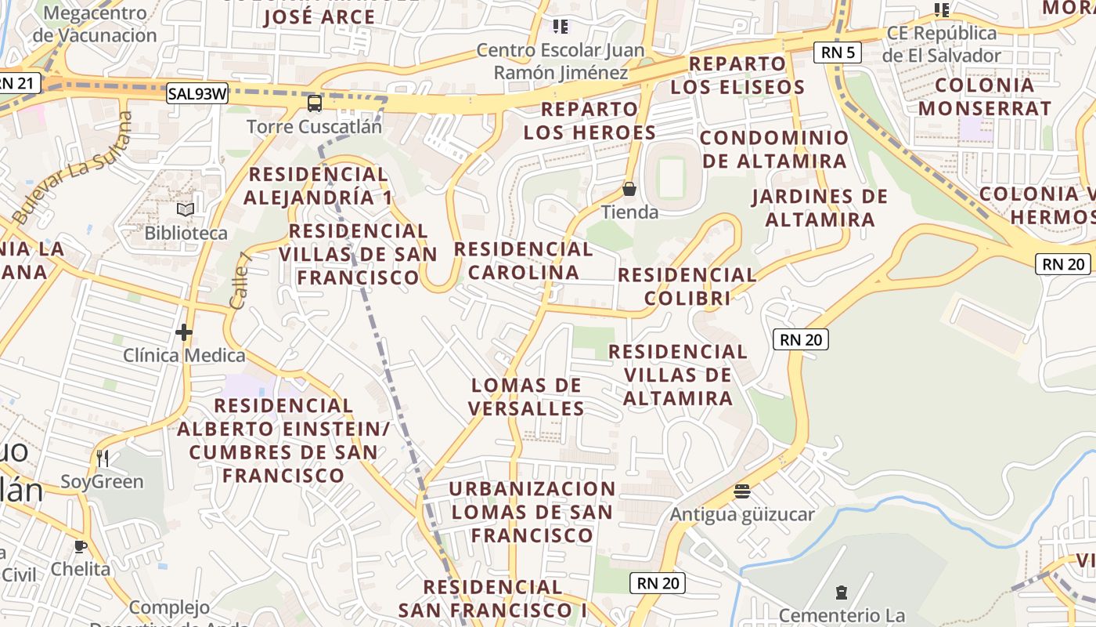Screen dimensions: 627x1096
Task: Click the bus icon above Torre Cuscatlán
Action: pos(315,103)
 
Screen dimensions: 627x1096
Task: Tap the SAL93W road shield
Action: pos(197,94)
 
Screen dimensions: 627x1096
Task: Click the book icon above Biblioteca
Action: pos(186,209)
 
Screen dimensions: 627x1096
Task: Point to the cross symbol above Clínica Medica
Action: pos(184,333)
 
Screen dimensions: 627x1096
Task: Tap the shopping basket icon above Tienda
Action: pos(629,189)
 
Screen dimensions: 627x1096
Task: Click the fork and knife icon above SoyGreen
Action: pos(103,458)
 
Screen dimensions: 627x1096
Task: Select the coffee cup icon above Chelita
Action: pos(80,546)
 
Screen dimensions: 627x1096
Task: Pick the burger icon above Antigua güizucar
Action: pos(742,491)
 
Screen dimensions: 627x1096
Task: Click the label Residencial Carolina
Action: pos(524,261)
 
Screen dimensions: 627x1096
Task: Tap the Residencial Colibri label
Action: pos(687,286)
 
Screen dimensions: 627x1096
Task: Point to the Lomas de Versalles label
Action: pos(526,397)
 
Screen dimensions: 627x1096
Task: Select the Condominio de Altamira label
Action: pos(774,149)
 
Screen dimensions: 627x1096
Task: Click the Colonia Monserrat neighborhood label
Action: pos(985,96)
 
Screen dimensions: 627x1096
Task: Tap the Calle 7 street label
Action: pos(240,280)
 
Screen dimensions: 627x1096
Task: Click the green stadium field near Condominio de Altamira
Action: pos(671,178)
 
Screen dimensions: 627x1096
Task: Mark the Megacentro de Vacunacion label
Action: pos(95,24)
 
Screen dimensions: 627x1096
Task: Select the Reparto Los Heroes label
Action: pos(589,121)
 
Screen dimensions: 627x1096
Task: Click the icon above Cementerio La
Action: pos(842,592)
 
